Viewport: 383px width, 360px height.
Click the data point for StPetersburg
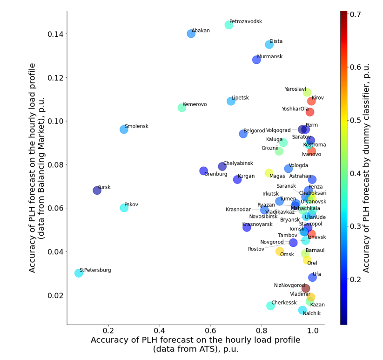point(79,273)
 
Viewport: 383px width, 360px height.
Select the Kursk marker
point(97,190)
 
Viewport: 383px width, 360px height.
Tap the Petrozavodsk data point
point(229,25)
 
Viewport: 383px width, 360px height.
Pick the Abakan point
point(191,34)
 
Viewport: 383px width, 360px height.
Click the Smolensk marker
point(124,129)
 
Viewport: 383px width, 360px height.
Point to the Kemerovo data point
point(182,108)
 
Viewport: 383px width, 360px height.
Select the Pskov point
point(124,208)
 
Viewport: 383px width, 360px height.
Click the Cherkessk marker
point(271,306)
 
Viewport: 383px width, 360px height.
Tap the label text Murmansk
point(269,57)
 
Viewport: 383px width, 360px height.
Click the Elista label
point(275,41)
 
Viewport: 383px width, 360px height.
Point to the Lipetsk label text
point(240,98)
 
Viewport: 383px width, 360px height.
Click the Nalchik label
point(311,313)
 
